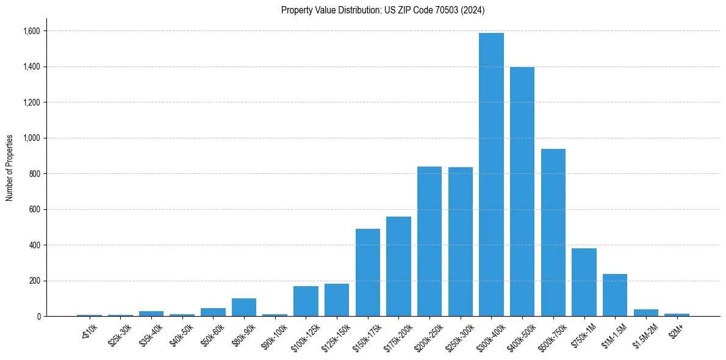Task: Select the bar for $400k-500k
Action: (x=522, y=192)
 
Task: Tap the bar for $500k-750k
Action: (x=553, y=232)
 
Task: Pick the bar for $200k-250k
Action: (x=429, y=242)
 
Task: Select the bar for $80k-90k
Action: (x=244, y=308)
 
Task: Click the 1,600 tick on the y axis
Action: (x=31, y=31)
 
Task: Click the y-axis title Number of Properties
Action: (x=10, y=168)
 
